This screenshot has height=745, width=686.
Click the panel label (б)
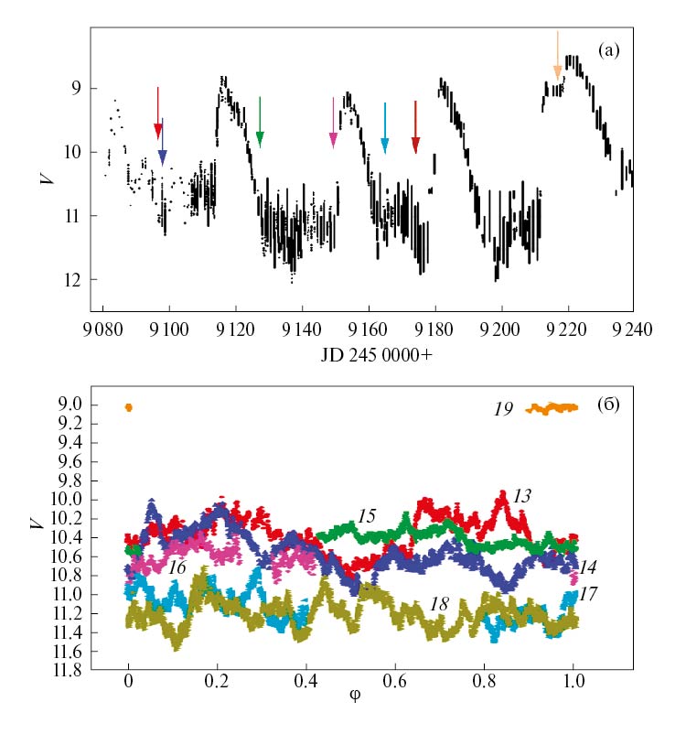608,403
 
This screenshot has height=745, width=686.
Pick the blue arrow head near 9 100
163,157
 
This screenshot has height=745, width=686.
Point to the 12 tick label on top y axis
76,279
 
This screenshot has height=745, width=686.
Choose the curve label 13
522,495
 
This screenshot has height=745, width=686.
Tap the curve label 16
177,567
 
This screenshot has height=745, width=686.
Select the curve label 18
439,605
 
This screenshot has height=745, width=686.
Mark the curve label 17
588,593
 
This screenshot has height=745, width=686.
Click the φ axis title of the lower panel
355,695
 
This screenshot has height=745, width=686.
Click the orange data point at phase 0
128,407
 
